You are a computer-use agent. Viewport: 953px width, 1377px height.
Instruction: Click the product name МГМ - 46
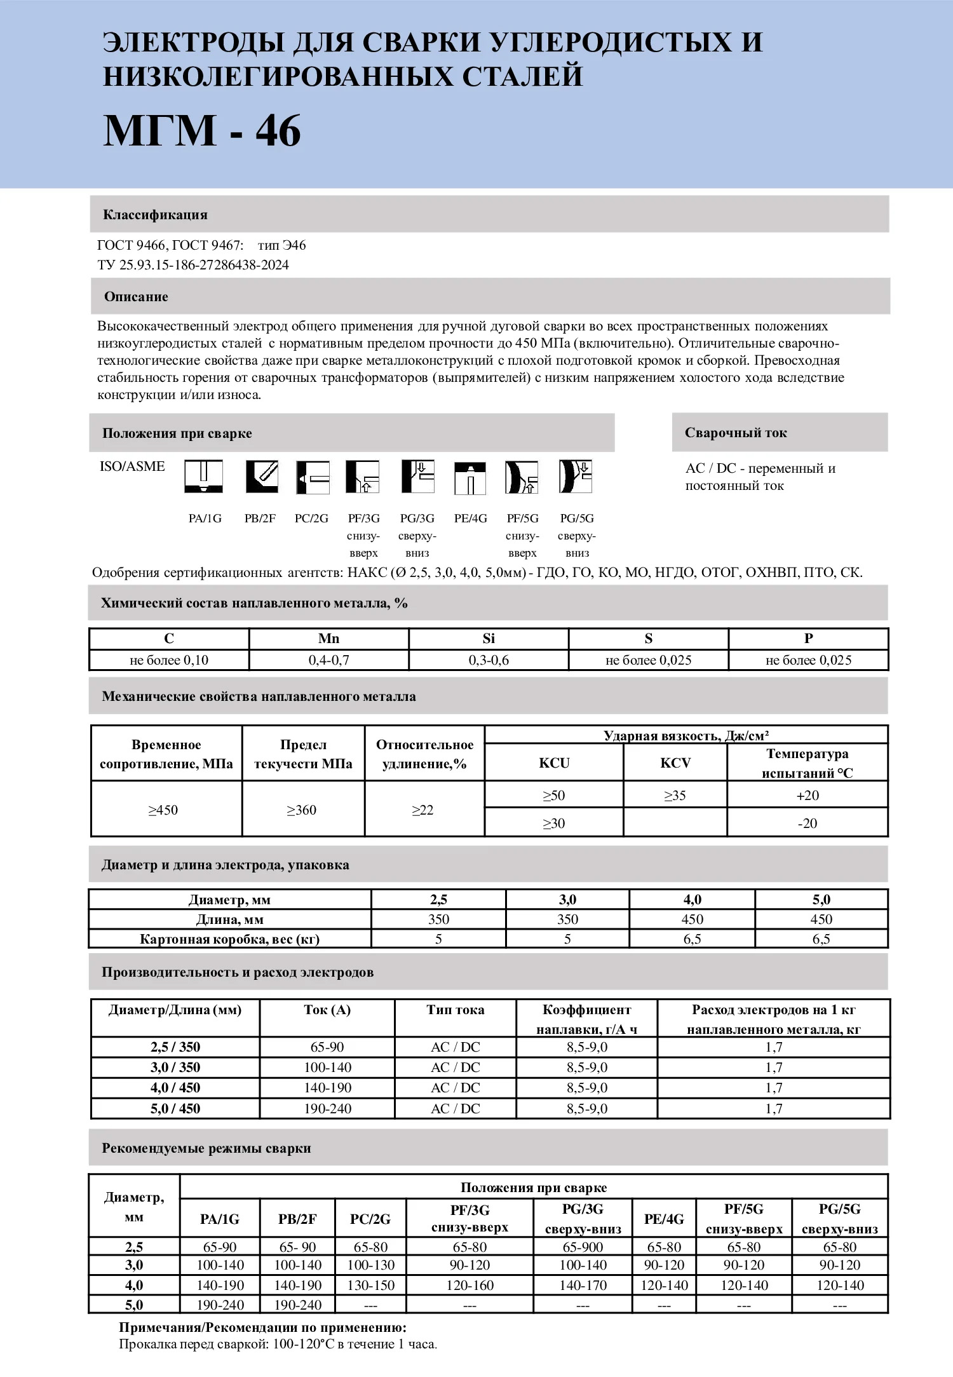click(x=202, y=132)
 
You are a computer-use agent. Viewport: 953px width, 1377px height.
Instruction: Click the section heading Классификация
click(x=155, y=215)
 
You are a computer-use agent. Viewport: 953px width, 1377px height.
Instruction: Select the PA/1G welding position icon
click(x=204, y=477)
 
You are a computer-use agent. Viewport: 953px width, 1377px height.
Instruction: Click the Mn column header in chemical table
click(x=328, y=639)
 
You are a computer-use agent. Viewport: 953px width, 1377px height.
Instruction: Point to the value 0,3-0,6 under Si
click(x=489, y=660)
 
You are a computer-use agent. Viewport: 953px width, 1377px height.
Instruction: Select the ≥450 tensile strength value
click(x=163, y=810)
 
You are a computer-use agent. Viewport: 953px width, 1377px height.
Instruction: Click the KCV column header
click(x=675, y=763)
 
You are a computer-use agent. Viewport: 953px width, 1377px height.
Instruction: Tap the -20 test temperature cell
click(x=807, y=824)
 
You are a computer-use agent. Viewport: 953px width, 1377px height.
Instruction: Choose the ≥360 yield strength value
click(x=302, y=810)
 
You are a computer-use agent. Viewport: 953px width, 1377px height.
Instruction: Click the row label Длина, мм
click(x=229, y=919)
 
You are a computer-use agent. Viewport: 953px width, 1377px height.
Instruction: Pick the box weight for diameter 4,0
click(x=692, y=939)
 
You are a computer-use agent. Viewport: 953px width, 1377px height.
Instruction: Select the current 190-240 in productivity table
click(x=327, y=1109)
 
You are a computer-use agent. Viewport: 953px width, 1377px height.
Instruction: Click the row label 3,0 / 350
click(x=175, y=1068)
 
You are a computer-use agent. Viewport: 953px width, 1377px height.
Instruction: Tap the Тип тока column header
click(x=455, y=1010)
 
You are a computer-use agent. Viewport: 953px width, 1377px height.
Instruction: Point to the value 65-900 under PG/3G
click(x=583, y=1247)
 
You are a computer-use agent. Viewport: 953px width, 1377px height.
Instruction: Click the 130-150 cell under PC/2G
click(x=371, y=1285)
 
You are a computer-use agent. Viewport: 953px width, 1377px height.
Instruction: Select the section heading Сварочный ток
click(x=736, y=433)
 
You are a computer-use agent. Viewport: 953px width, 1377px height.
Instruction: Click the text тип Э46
click(x=281, y=245)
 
